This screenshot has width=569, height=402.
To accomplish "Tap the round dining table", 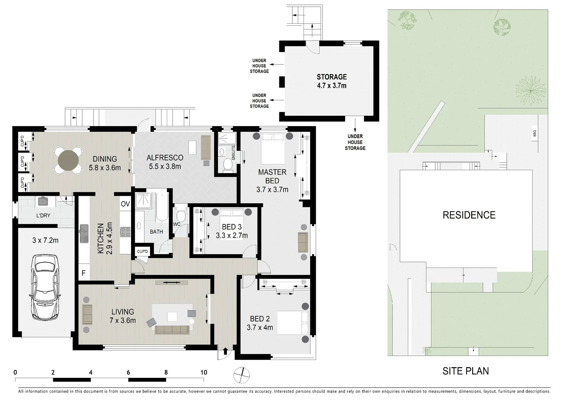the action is tap(69, 161).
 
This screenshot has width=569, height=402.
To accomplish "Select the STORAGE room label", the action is tap(331, 77).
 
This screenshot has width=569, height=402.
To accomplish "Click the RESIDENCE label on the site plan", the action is tap(469, 215).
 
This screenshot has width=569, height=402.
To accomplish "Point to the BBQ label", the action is tap(535, 133).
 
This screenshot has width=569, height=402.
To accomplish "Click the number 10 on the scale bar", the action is tap(204, 372).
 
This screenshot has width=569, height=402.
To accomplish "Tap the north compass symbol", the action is tap(242, 375).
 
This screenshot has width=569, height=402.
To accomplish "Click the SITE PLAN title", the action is tap(465, 371).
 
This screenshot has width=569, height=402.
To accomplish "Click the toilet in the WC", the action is tap(181, 216).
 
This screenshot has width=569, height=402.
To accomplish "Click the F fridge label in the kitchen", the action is tap(83, 273).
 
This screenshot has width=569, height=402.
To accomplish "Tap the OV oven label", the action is tap(125, 204).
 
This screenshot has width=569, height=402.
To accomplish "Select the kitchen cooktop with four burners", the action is tap(125, 232).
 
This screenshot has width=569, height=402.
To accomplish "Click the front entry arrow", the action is tap(225, 351).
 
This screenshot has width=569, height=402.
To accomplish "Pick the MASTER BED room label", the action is tap(272, 176).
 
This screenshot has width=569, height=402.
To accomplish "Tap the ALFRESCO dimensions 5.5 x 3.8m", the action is tap(165, 166).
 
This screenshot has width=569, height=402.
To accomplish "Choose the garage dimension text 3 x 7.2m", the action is tap(45, 240).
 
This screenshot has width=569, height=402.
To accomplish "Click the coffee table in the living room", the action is tap(172, 316).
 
